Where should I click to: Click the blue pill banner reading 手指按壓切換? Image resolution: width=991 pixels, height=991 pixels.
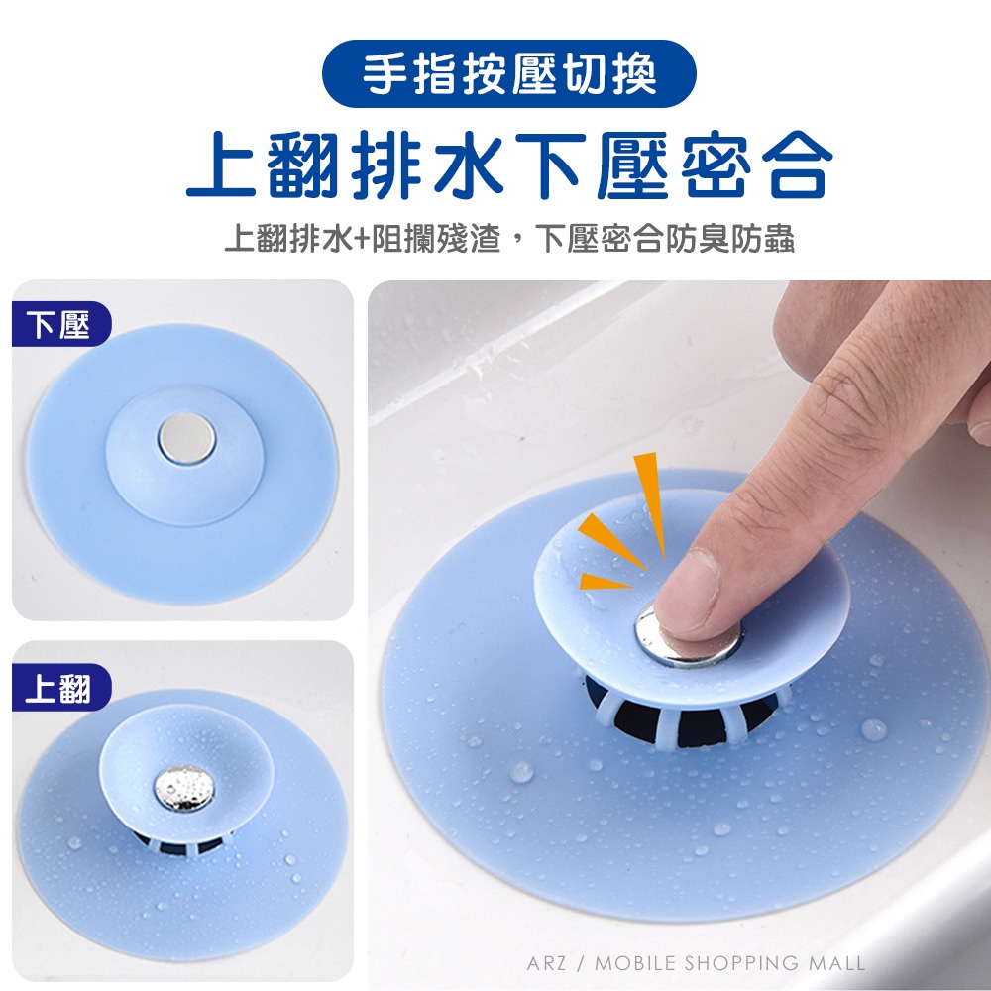(x=508, y=74)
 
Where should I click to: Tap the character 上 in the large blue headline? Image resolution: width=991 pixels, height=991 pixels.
(x=221, y=165)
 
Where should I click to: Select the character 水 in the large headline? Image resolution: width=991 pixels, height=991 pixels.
(x=469, y=165)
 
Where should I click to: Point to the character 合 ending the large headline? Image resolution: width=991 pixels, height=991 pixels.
(x=797, y=165)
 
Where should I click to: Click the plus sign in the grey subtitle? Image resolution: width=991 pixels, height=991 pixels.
(x=362, y=240)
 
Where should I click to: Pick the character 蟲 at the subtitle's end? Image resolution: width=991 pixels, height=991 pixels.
(x=778, y=239)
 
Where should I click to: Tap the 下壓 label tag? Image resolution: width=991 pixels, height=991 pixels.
(x=61, y=324)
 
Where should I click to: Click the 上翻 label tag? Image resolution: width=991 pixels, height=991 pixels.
(x=61, y=687)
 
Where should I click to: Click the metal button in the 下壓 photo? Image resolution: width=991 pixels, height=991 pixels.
(x=186, y=437)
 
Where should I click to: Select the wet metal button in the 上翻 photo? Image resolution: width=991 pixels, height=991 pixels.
(x=184, y=788)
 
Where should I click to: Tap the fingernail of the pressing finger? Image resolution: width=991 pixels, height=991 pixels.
(x=687, y=594)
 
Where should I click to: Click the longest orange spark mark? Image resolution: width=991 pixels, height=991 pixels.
(x=651, y=504)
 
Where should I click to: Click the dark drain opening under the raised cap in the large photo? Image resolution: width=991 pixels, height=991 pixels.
(x=682, y=717)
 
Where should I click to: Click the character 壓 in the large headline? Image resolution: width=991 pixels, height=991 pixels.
(x=632, y=165)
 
